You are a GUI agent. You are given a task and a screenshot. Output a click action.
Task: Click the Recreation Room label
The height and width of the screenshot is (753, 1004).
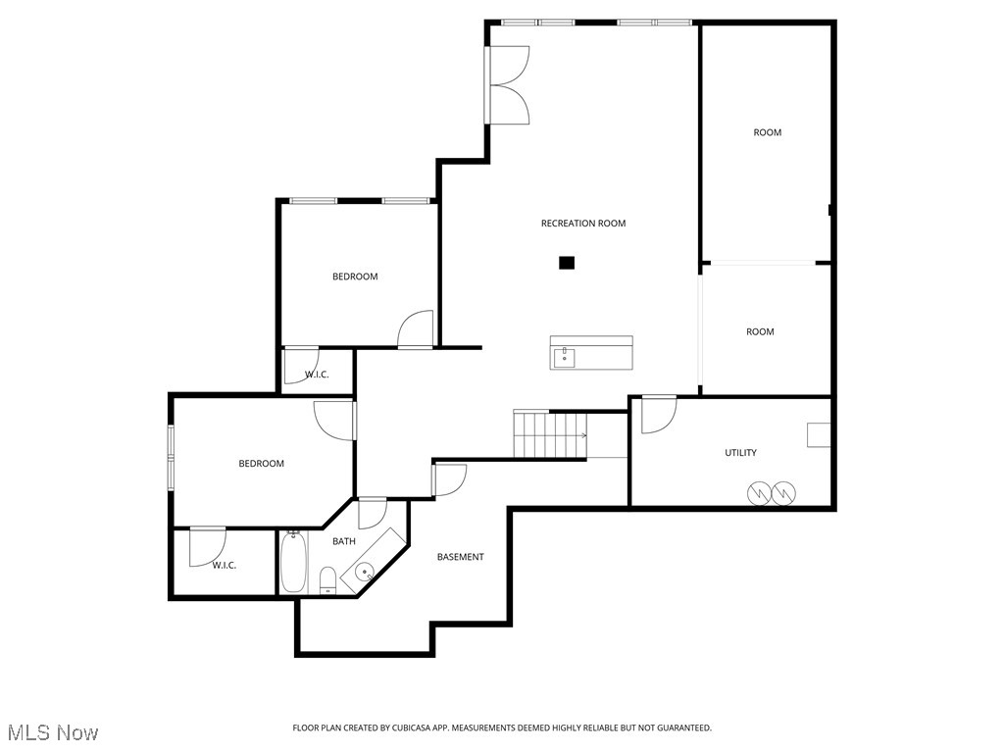coord(582,224)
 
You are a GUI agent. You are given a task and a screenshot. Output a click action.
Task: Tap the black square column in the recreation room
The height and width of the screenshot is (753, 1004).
coord(566,263)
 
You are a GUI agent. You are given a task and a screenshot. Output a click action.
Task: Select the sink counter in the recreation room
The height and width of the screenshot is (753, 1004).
coord(590,353)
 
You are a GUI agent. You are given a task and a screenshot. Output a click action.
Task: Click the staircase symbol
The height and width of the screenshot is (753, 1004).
coord(550,434)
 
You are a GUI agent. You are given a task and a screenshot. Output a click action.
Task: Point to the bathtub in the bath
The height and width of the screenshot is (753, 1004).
coord(294,562)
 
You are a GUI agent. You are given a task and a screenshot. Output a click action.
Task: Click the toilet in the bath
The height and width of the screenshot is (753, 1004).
coord(328,579)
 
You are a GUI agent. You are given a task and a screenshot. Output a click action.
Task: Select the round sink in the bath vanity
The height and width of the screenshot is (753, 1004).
coord(365,571)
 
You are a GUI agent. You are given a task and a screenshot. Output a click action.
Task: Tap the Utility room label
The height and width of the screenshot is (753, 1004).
coord(740,453)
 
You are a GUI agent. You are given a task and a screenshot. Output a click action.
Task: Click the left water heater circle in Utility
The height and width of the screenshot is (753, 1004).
coord(761,493)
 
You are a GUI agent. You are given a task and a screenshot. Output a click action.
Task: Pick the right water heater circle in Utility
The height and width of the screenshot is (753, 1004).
coord(783,493)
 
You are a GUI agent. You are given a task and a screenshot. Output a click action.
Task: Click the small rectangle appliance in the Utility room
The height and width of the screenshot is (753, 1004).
coord(819,435)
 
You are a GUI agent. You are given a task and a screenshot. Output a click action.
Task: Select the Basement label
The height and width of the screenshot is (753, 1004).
coord(460,557)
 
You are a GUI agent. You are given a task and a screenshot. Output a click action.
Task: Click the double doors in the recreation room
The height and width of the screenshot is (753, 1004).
coord(508,85)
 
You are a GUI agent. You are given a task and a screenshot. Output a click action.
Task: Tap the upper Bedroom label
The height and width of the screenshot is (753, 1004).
coord(354,276)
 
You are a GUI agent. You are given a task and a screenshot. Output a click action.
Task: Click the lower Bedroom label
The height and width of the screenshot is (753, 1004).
coord(261,464)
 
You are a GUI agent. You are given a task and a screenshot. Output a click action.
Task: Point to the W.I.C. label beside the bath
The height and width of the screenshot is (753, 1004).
coord(224,565)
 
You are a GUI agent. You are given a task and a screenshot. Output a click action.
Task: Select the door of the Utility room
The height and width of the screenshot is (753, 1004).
coord(658,414)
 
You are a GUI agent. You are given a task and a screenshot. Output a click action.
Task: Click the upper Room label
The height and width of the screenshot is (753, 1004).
coord(767,132)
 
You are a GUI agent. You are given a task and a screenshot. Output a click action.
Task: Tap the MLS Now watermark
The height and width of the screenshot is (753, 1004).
coord(52,732)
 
